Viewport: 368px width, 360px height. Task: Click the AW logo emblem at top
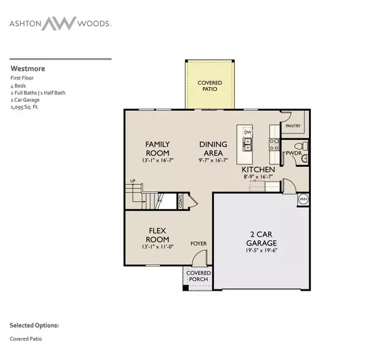click(x=59, y=24)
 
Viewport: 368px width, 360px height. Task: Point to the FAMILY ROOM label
click(x=157, y=148)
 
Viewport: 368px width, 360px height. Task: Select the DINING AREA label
click(x=213, y=148)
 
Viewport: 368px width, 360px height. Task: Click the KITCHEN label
click(x=258, y=169)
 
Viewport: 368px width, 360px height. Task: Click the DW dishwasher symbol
click(x=248, y=132)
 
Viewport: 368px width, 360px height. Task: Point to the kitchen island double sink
click(x=248, y=145)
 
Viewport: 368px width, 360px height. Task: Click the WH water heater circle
click(x=303, y=199)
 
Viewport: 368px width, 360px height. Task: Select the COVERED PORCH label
click(x=199, y=276)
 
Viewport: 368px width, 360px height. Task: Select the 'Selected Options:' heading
click(x=34, y=326)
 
